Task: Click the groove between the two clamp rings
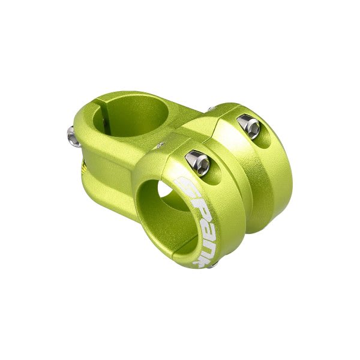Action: pyautogui.click(x=240, y=180)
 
